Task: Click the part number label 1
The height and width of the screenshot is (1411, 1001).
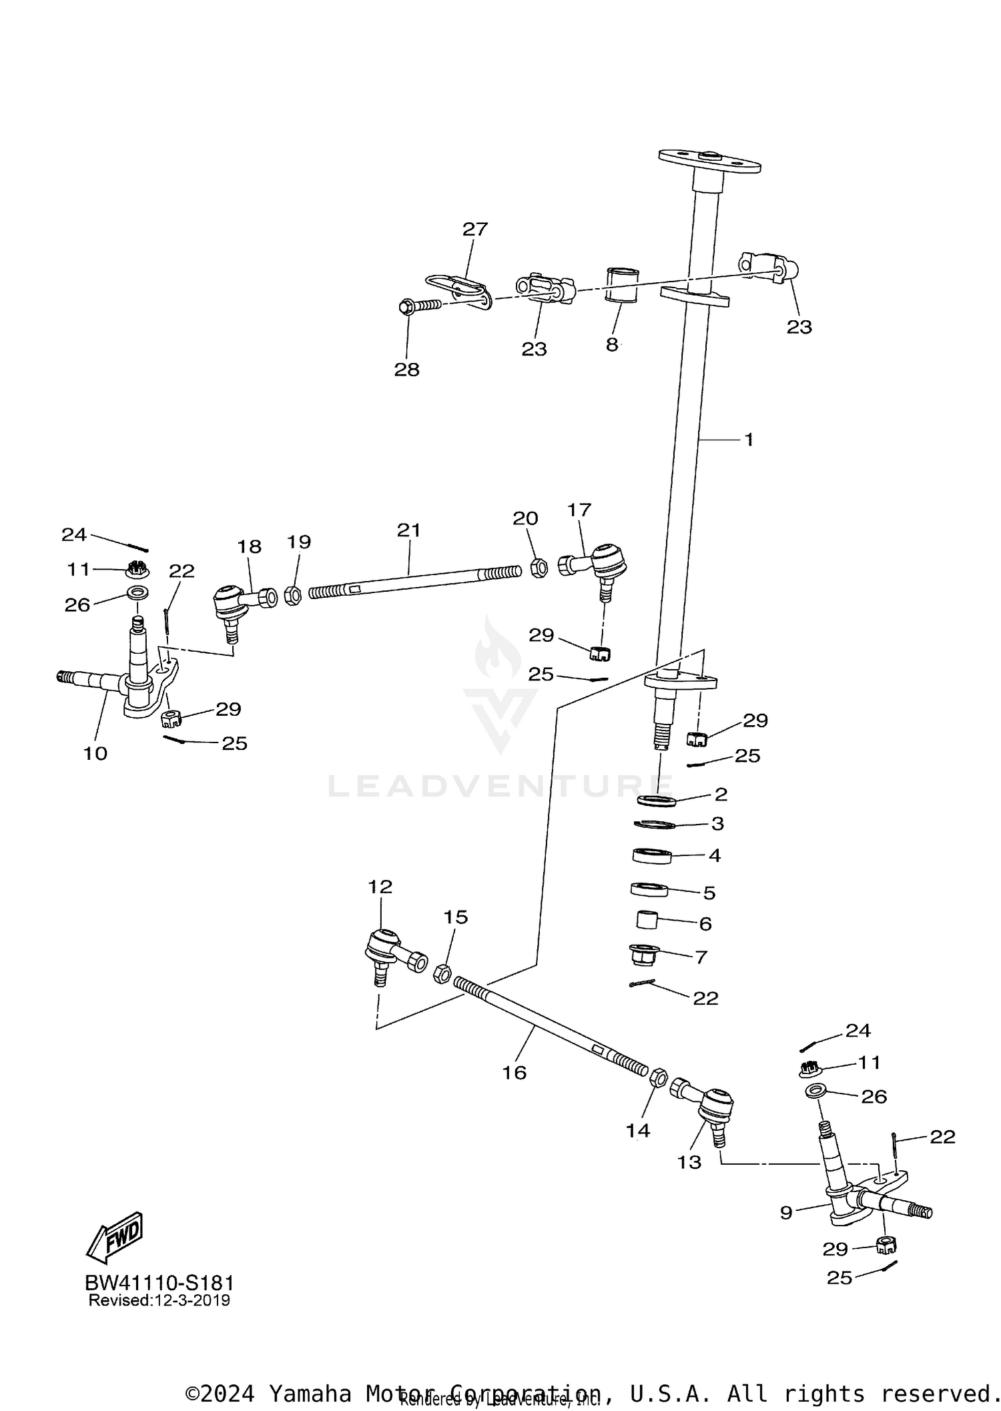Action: coord(749,440)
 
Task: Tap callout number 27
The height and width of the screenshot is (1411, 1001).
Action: coord(475,229)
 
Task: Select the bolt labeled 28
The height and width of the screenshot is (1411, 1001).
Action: coord(420,306)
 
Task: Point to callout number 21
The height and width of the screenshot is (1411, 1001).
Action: coord(408,530)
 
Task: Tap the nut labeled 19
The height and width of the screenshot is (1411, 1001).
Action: coord(292,595)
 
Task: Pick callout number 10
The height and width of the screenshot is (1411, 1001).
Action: coord(95,753)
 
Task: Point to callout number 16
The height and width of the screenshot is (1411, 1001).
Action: coord(515,1072)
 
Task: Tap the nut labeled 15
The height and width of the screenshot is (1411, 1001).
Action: coord(442,974)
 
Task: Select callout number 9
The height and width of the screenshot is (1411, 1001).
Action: coord(786,1212)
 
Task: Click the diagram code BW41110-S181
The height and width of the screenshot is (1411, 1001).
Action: coord(159,1283)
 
